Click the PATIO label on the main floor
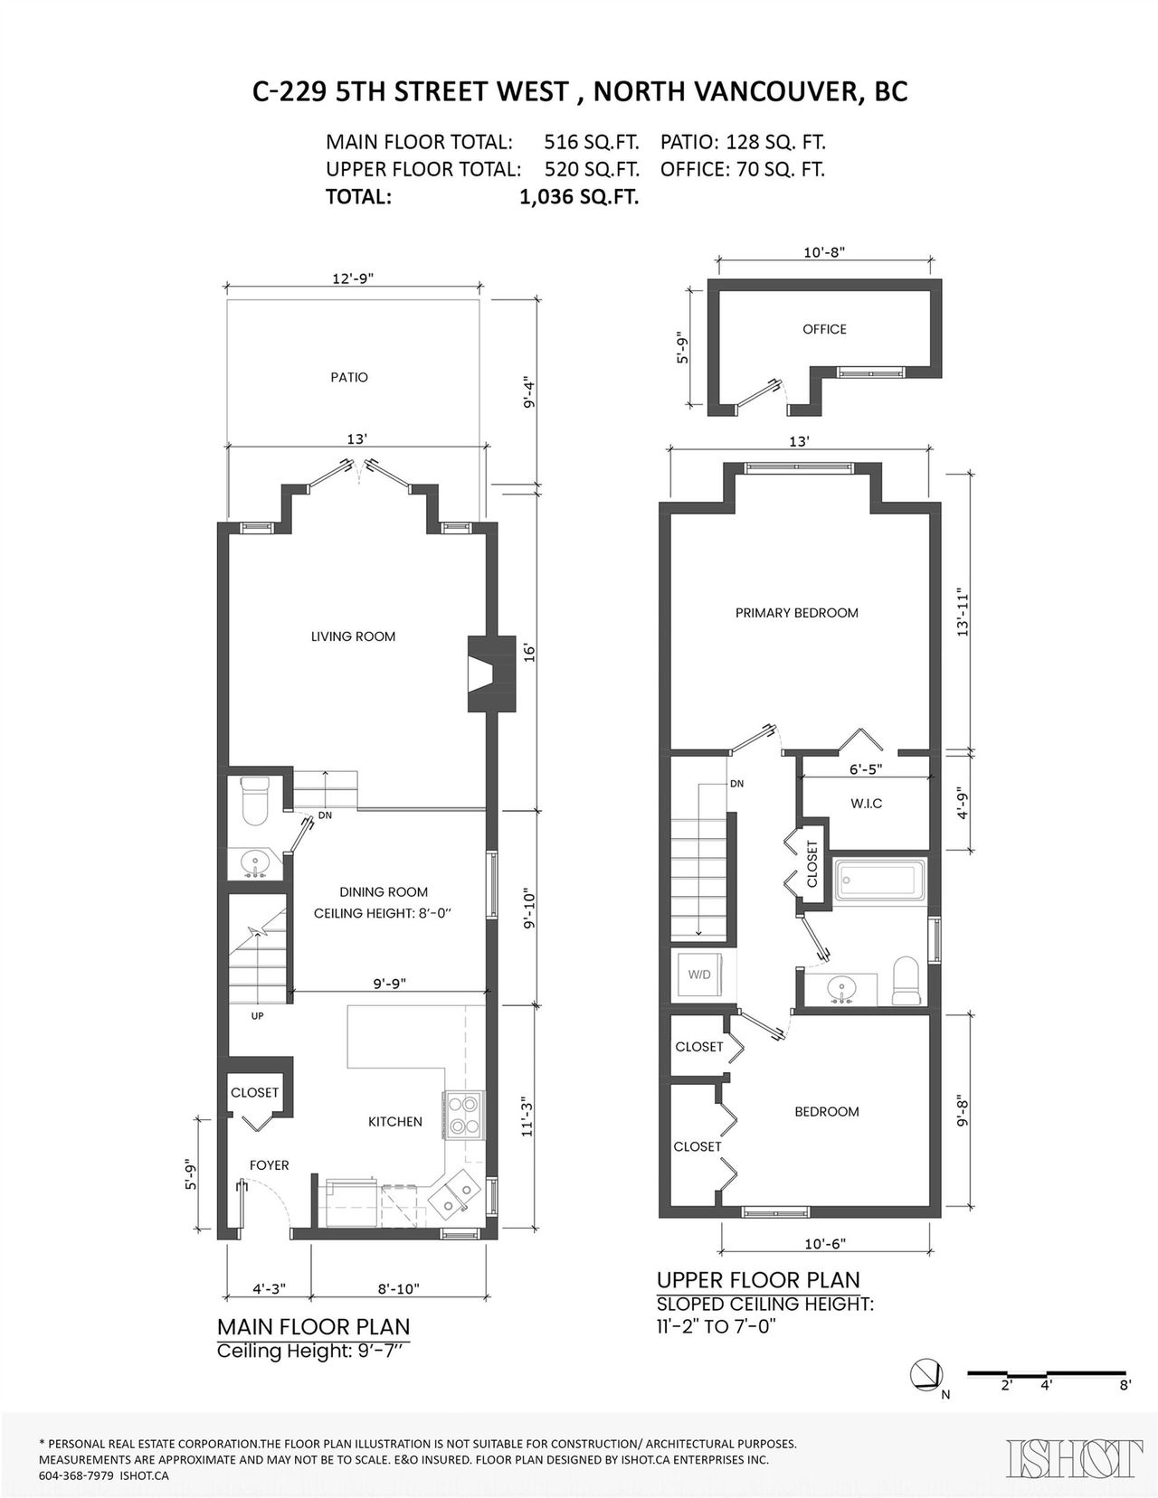pos(349,377)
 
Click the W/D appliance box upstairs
pos(698,975)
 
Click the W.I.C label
pos(867,804)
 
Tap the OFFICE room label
pos(824,329)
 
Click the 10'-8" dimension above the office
pos(824,252)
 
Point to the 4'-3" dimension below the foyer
pos(269,1287)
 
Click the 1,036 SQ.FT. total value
pos(579,198)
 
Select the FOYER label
pos(269,1165)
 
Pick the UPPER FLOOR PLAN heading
pos(758,1280)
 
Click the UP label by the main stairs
pos(257,1016)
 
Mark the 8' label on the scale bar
pos(1125,1385)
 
